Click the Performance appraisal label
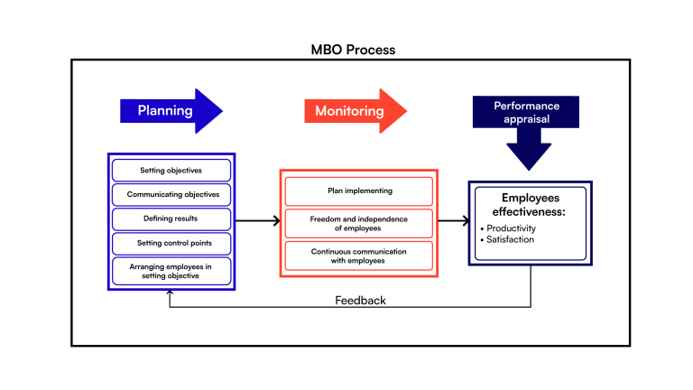pyautogui.click(x=526, y=112)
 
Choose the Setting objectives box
pyautogui.click(x=171, y=171)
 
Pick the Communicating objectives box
pyautogui.click(x=171, y=195)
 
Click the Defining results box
pyautogui.click(x=171, y=219)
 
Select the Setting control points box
pyautogui.click(x=171, y=244)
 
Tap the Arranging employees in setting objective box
pyautogui.click(x=171, y=271)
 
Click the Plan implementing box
pyautogui.click(x=358, y=191)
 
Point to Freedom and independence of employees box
pyautogui.click(x=358, y=223)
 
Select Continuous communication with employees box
pyautogui.click(x=358, y=255)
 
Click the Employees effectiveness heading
pyautogui.click(x=530, y=205)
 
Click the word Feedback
pyautogui.click(x=360, y=301)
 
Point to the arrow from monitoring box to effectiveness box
pyautogui.click(x=454, y=220)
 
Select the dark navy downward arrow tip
pyautogui.click(x=528, y=162)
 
